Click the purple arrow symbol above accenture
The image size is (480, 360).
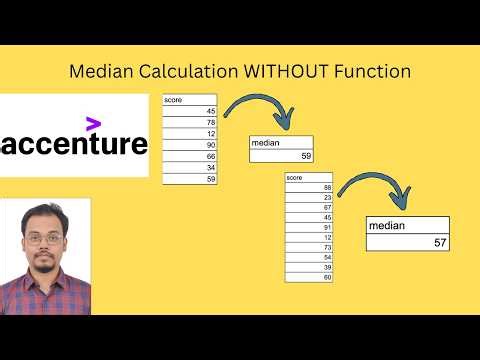93,124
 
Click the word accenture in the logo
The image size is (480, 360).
75,144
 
